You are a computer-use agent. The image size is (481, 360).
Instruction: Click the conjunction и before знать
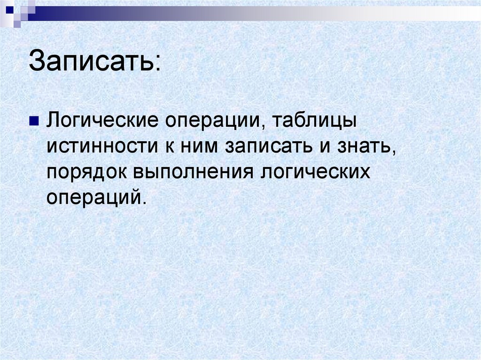coord(319,148)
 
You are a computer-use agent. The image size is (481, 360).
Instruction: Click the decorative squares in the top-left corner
coord(19,10)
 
